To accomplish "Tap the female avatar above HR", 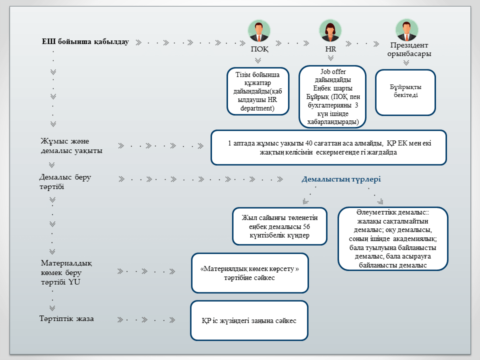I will pyautogui.click(x=330, y=30).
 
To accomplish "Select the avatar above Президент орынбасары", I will pyautogui.click(x=406, y=30).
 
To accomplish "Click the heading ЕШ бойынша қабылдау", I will pyautogui.click(x=85, y=41).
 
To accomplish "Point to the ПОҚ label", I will pyautogui.click(x=259, y=49).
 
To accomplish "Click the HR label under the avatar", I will pyautogui.click(x=330, y=49).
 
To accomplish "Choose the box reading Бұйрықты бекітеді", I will pyautogui.click(x=405, y=91).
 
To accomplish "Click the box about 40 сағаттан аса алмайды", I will pyautogui.click(x=328, y=147).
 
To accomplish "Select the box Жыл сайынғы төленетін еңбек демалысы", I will pyautogui.click(x=279, y=226).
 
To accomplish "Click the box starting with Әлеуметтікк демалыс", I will pyautogui.click(x=392, y=239).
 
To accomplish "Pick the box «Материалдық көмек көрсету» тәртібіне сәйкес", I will pyautogui.click(x=249, y=273).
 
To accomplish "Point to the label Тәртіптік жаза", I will pyautogui.click(x=66, y=318).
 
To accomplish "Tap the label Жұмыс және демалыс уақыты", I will pyautogui.click(x=71, y=146).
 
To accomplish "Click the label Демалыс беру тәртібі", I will pyautogui.click(x=65, y=182).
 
